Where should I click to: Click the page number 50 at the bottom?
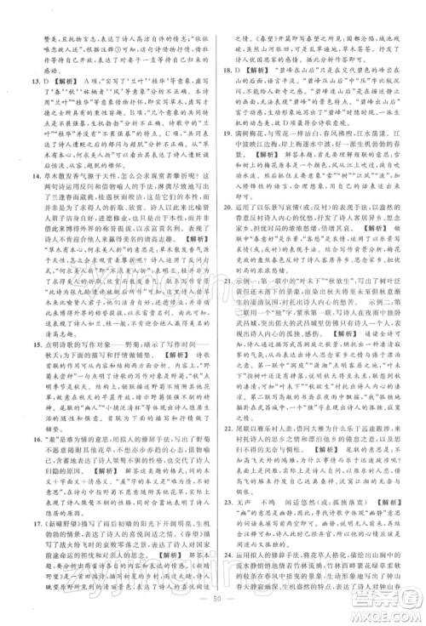[x=213, y=612]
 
